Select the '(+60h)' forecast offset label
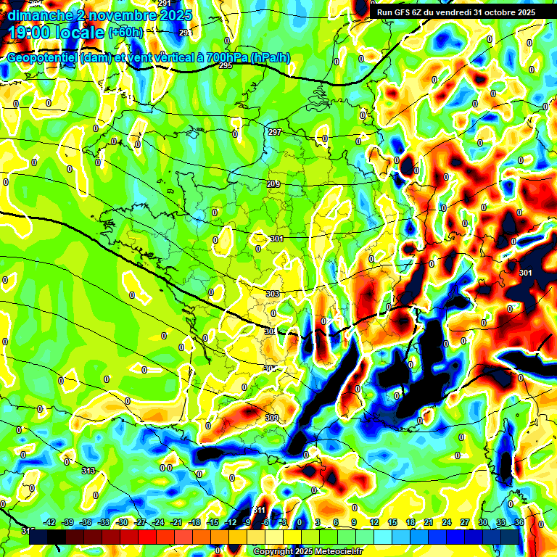125,33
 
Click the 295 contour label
225,65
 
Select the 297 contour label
274,132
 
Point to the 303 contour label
273,294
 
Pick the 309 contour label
272,418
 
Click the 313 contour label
88,471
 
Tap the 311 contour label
259,510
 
